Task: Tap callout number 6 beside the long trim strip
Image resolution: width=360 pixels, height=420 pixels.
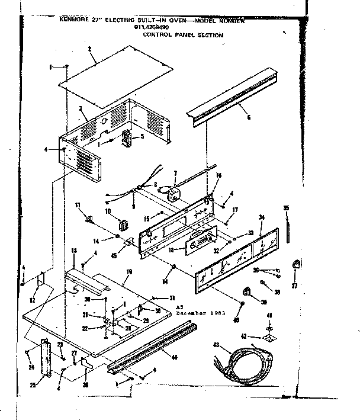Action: [x=249, y=117]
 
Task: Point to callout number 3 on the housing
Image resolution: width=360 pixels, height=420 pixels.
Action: [x=80, y=109]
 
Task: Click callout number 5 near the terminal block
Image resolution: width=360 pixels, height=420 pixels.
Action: [x=142, y=137]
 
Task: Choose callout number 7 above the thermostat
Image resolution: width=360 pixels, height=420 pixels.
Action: [x=175, y=172]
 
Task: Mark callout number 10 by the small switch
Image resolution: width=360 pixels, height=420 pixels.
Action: [x=107, y=210]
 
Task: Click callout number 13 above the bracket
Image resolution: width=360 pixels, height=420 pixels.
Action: [x=74, y=252]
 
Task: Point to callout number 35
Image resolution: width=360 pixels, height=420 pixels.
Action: [x=286, y=207]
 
